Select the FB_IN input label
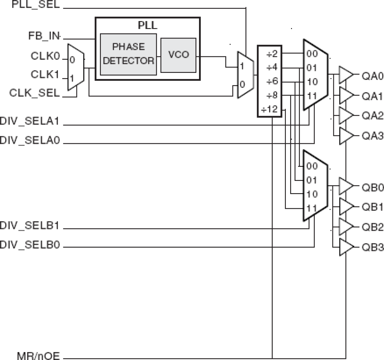click(x=44, y=36)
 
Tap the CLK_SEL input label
click(x=34, y=93)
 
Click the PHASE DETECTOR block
click(x=128, y=54)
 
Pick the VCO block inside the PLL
click(x=178, y=55)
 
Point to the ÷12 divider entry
click(x=269, y=109)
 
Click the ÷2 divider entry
click(x=271, y=54)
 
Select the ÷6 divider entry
click(x=271, y=81)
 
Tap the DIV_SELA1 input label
click(x=30, y=121)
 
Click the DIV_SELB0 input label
click(x=30, y=245)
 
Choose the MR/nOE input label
click(x=38, y=356)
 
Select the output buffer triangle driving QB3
click(x=345, y=247)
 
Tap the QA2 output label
click(x=372, y=116)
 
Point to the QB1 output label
click(x=372, y=207)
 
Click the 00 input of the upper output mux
click(x=312, y=54)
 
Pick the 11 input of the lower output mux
click(x=312, y=208)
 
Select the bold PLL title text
click(x=147, y=25)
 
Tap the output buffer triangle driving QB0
click(x=345, y=186)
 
